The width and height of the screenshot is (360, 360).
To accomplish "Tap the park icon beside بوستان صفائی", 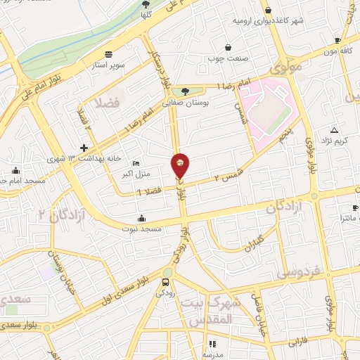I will point(185,91).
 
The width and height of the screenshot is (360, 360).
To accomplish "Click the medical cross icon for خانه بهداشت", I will point(84,148).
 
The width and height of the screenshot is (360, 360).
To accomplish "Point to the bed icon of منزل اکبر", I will point(135,163).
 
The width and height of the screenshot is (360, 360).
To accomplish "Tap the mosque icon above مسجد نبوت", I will point(142,217).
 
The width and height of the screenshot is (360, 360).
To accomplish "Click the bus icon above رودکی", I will point(166,283).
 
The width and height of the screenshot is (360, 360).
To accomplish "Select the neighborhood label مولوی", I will point(285,69).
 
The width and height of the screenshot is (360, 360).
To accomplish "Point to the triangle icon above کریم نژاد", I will point(334,130).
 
